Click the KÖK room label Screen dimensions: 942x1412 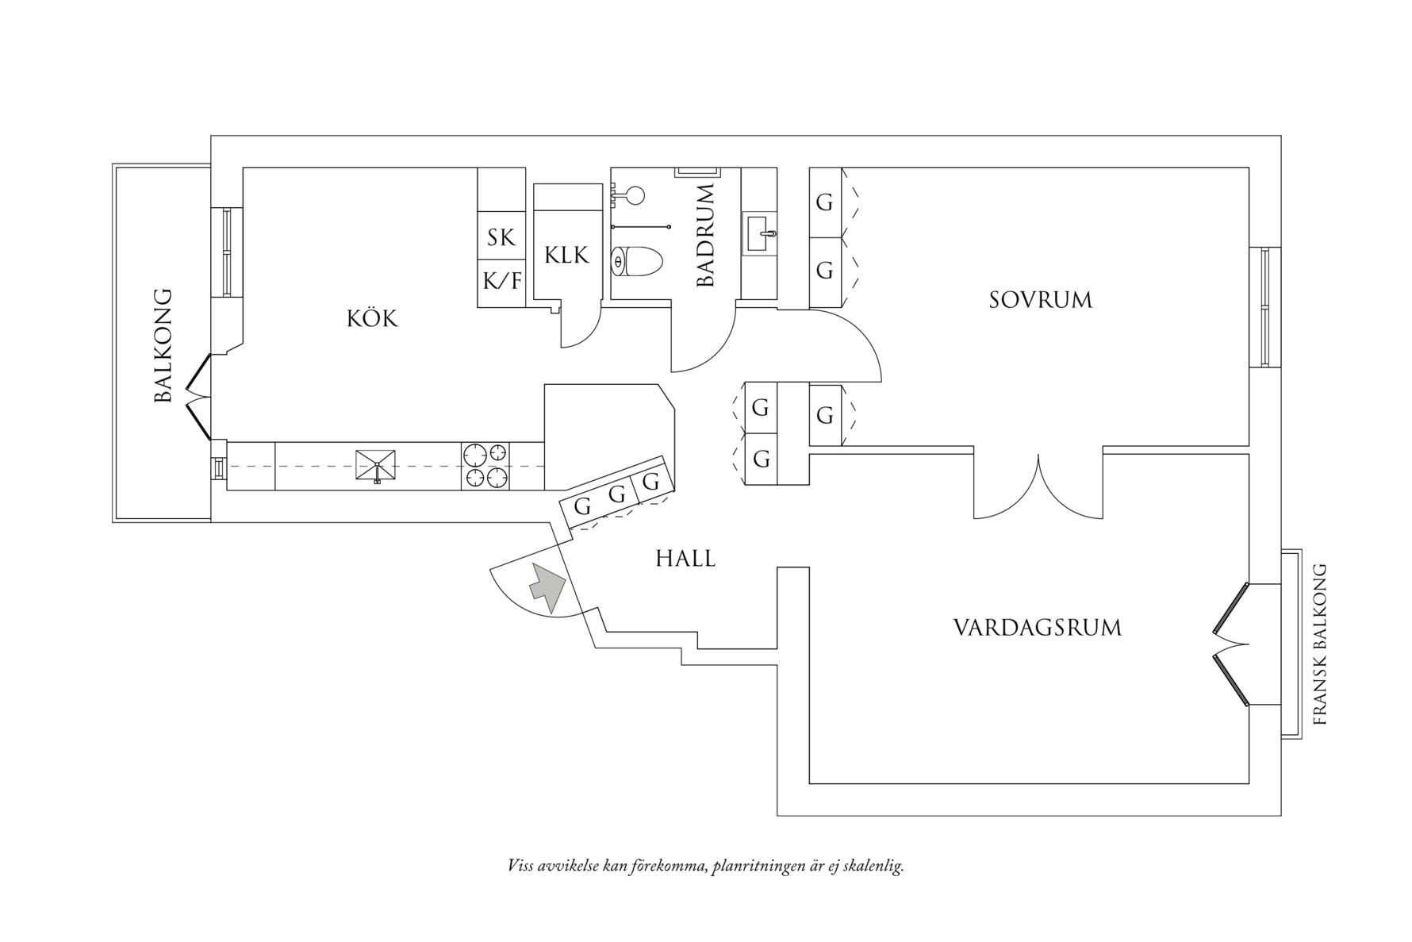point(372,319)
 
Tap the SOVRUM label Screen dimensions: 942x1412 point(1040,300)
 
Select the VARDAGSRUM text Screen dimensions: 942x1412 point(1037,629)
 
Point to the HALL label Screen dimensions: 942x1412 point(685,559)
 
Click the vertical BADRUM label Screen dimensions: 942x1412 point(705,235)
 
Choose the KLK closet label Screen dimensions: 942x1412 point(566,255)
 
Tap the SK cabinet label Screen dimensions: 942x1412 point(501,237)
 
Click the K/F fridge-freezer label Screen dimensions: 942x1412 point(501,280)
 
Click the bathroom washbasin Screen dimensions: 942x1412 point(759,233)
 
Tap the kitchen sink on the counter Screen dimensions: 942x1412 point(375,465)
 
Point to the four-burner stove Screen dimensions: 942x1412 point(485,465)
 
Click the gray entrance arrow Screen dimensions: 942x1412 point(547,587)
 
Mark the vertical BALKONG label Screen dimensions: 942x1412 point(163,345)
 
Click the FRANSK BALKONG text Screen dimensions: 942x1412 point(1319,644)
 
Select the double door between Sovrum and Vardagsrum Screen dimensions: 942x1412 point(1038,486)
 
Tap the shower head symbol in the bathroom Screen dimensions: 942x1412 point(633,195)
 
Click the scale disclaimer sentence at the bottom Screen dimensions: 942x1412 point(705,865)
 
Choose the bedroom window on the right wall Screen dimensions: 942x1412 point(1264,307)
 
